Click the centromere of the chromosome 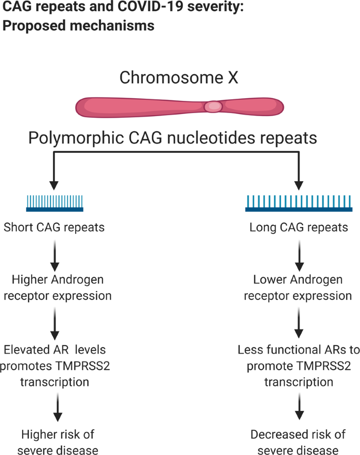coord(213,106)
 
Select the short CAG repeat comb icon coord(55,203)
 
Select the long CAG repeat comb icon coord(299,203)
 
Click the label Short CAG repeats coord(54,227)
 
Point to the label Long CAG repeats coord(299,227)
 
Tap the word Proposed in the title coord(29,25)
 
